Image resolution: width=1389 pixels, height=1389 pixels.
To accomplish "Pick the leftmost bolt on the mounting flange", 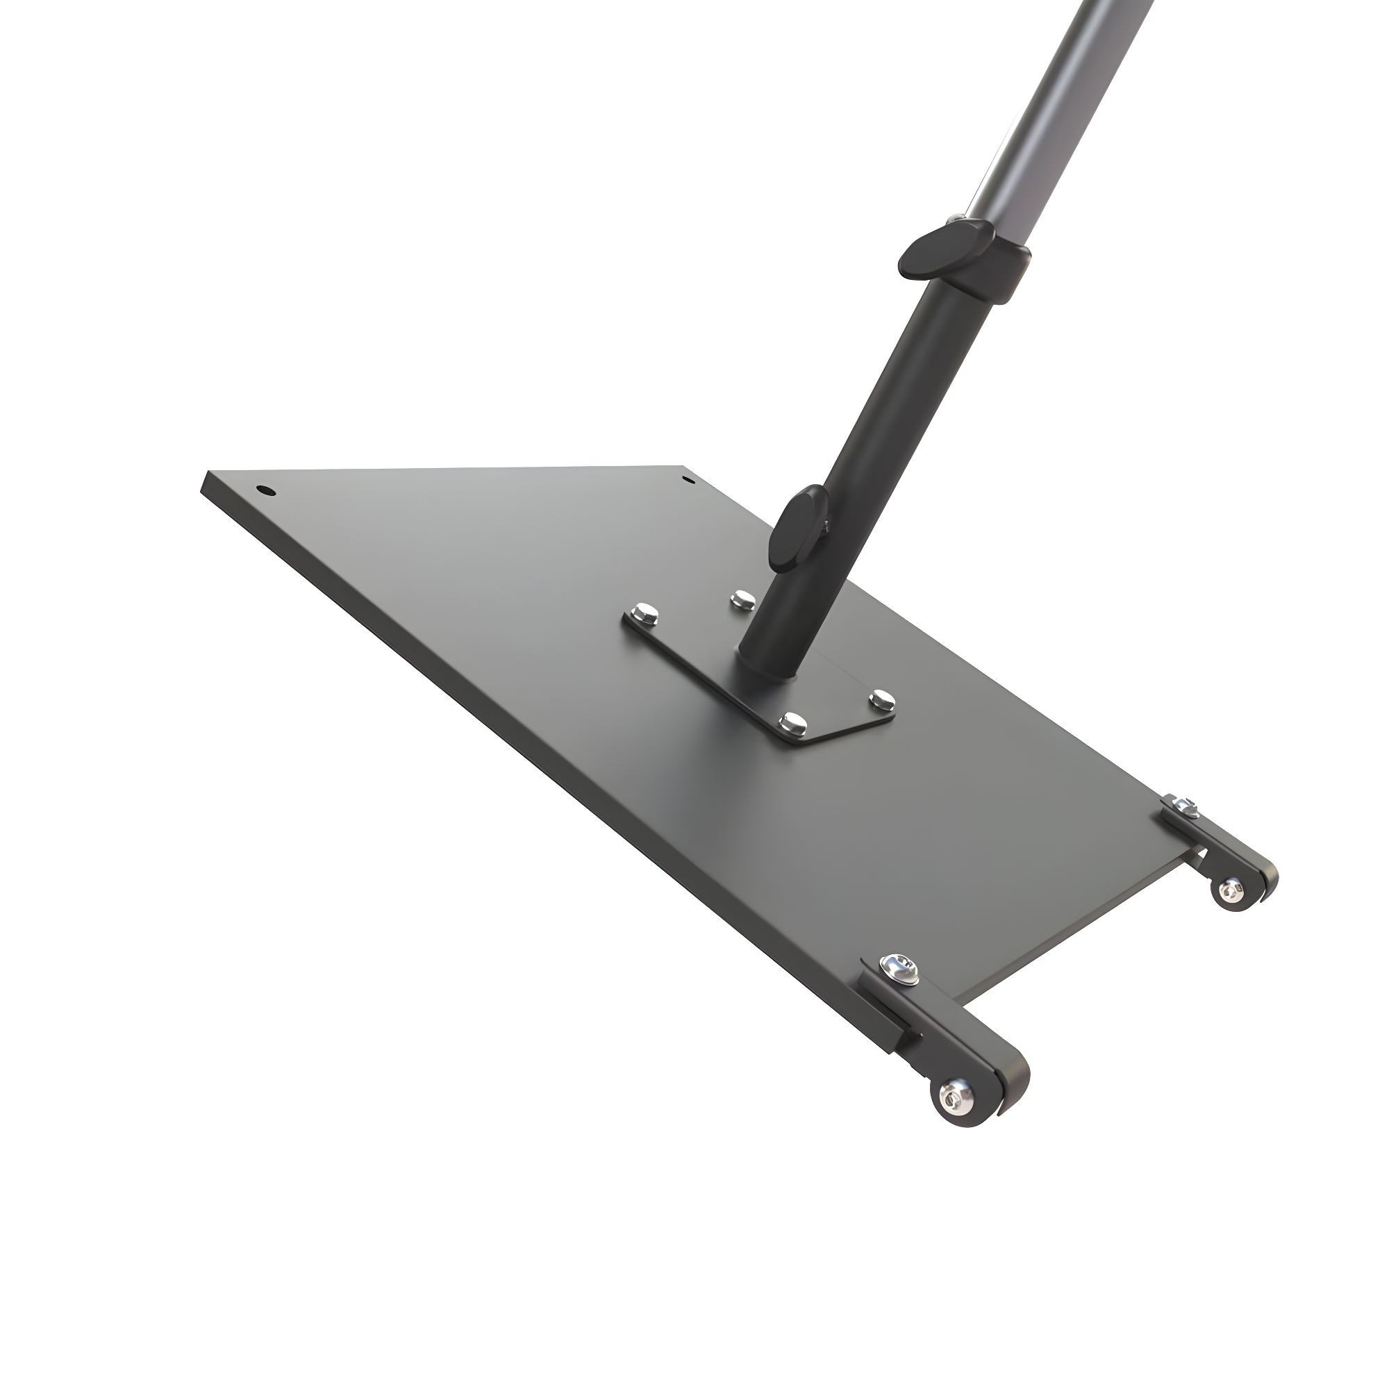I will pyautogui.click(x=640, y=613).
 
